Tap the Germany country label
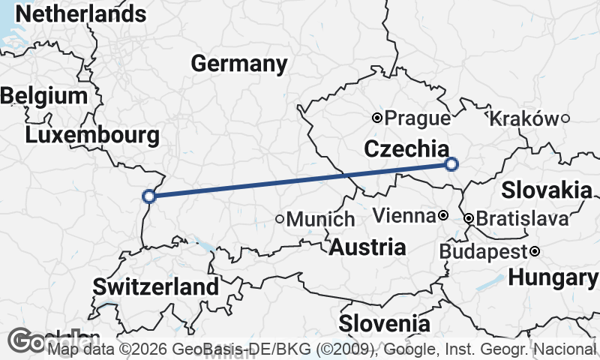[x=238, y=64]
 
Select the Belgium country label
[x=44, y=96]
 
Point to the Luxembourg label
[x=91, y=136]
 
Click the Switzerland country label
[x=156, y=286]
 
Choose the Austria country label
[x=367, y=247]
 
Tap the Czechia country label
[x=406, y=149]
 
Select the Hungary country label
[x=553, y=277]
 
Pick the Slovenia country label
[x=385, y=324]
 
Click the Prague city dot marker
[x=378, y=118]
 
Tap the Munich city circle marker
[x=280, y=220]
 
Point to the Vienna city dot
[x=443, y=216]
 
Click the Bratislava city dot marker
[x=469, y=219]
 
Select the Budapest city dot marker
[x=535, y=251]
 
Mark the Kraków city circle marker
[x=565, y=118]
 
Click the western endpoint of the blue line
[x=149, y=196]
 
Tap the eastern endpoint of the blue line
[x=451, y=164]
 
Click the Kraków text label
[x=523, y=118]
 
